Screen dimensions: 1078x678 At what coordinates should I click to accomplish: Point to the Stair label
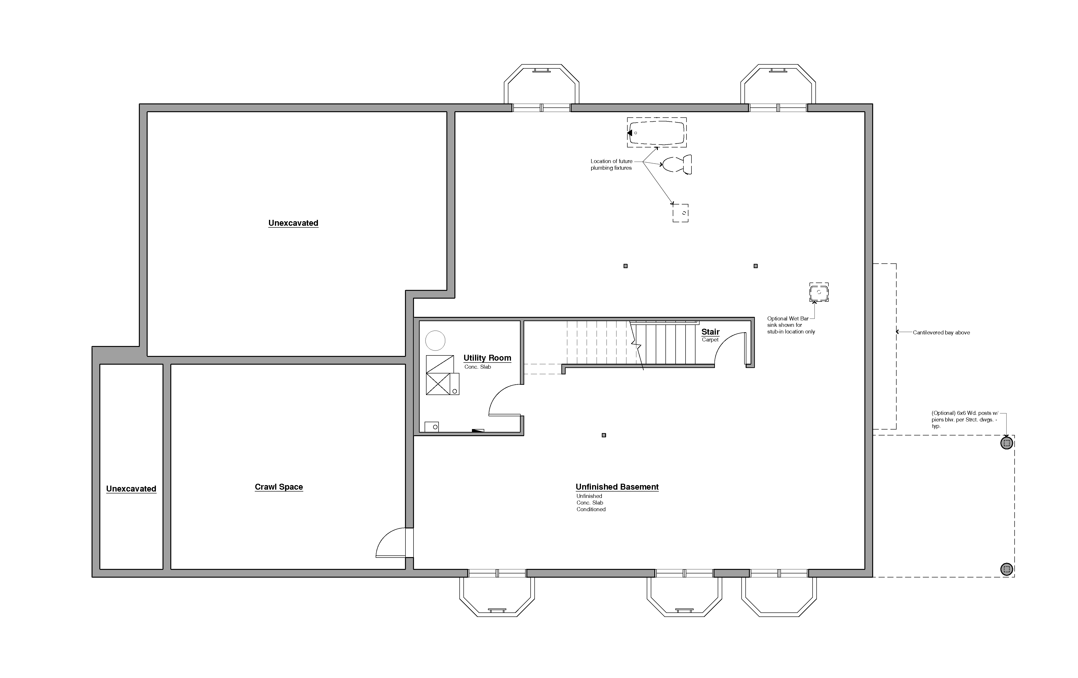pos(710,332)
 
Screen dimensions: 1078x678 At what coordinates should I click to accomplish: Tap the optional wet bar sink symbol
pos(819,292)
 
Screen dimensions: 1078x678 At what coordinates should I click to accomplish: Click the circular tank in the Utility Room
pos(435,341)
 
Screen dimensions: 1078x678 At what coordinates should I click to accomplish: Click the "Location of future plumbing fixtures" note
pos(612,164)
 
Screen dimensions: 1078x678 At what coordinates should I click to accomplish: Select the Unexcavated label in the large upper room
pos(293,223)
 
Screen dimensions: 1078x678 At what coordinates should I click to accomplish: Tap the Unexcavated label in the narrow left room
pos(131,489)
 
